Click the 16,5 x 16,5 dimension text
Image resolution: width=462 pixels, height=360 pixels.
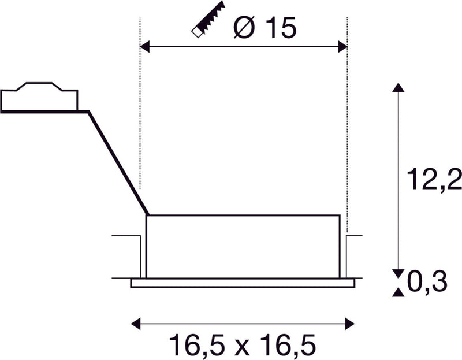(x=243, y=346)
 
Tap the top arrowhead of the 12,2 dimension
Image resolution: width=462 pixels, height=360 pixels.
(x=397, y=87)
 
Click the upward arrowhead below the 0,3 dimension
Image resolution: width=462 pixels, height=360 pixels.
(x=397, y=292)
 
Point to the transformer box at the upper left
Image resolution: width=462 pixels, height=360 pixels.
(x=39, y=99)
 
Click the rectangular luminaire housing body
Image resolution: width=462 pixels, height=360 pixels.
(x=243, y=246)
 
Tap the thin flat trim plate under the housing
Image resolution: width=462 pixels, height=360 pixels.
(x=243, y=283)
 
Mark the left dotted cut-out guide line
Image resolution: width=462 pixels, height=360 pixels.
(x=140, y=116)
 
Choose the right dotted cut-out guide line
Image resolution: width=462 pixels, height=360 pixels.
(x=347, y=116)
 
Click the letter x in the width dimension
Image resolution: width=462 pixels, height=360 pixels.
(x=243, y=347)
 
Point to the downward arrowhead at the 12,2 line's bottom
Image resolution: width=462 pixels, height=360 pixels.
(x=397, y=272)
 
